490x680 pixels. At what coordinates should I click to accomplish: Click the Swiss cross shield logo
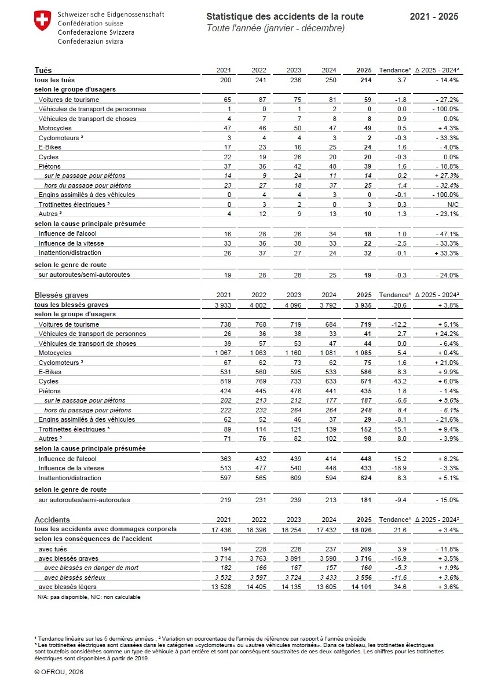42,21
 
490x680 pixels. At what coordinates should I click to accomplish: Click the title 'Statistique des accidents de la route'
285,16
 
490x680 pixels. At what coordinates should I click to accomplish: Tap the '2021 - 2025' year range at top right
434,16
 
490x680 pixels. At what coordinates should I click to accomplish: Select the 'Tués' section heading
43,70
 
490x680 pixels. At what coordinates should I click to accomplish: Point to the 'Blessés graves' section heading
60,295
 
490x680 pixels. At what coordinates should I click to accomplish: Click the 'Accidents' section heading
52,520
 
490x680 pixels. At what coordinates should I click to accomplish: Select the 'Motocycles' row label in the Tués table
55,127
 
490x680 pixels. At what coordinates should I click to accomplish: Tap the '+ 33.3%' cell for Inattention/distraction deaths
445,253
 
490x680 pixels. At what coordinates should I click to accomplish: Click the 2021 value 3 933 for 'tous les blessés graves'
220,305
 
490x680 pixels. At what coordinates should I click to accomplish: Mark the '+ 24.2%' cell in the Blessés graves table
445,334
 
